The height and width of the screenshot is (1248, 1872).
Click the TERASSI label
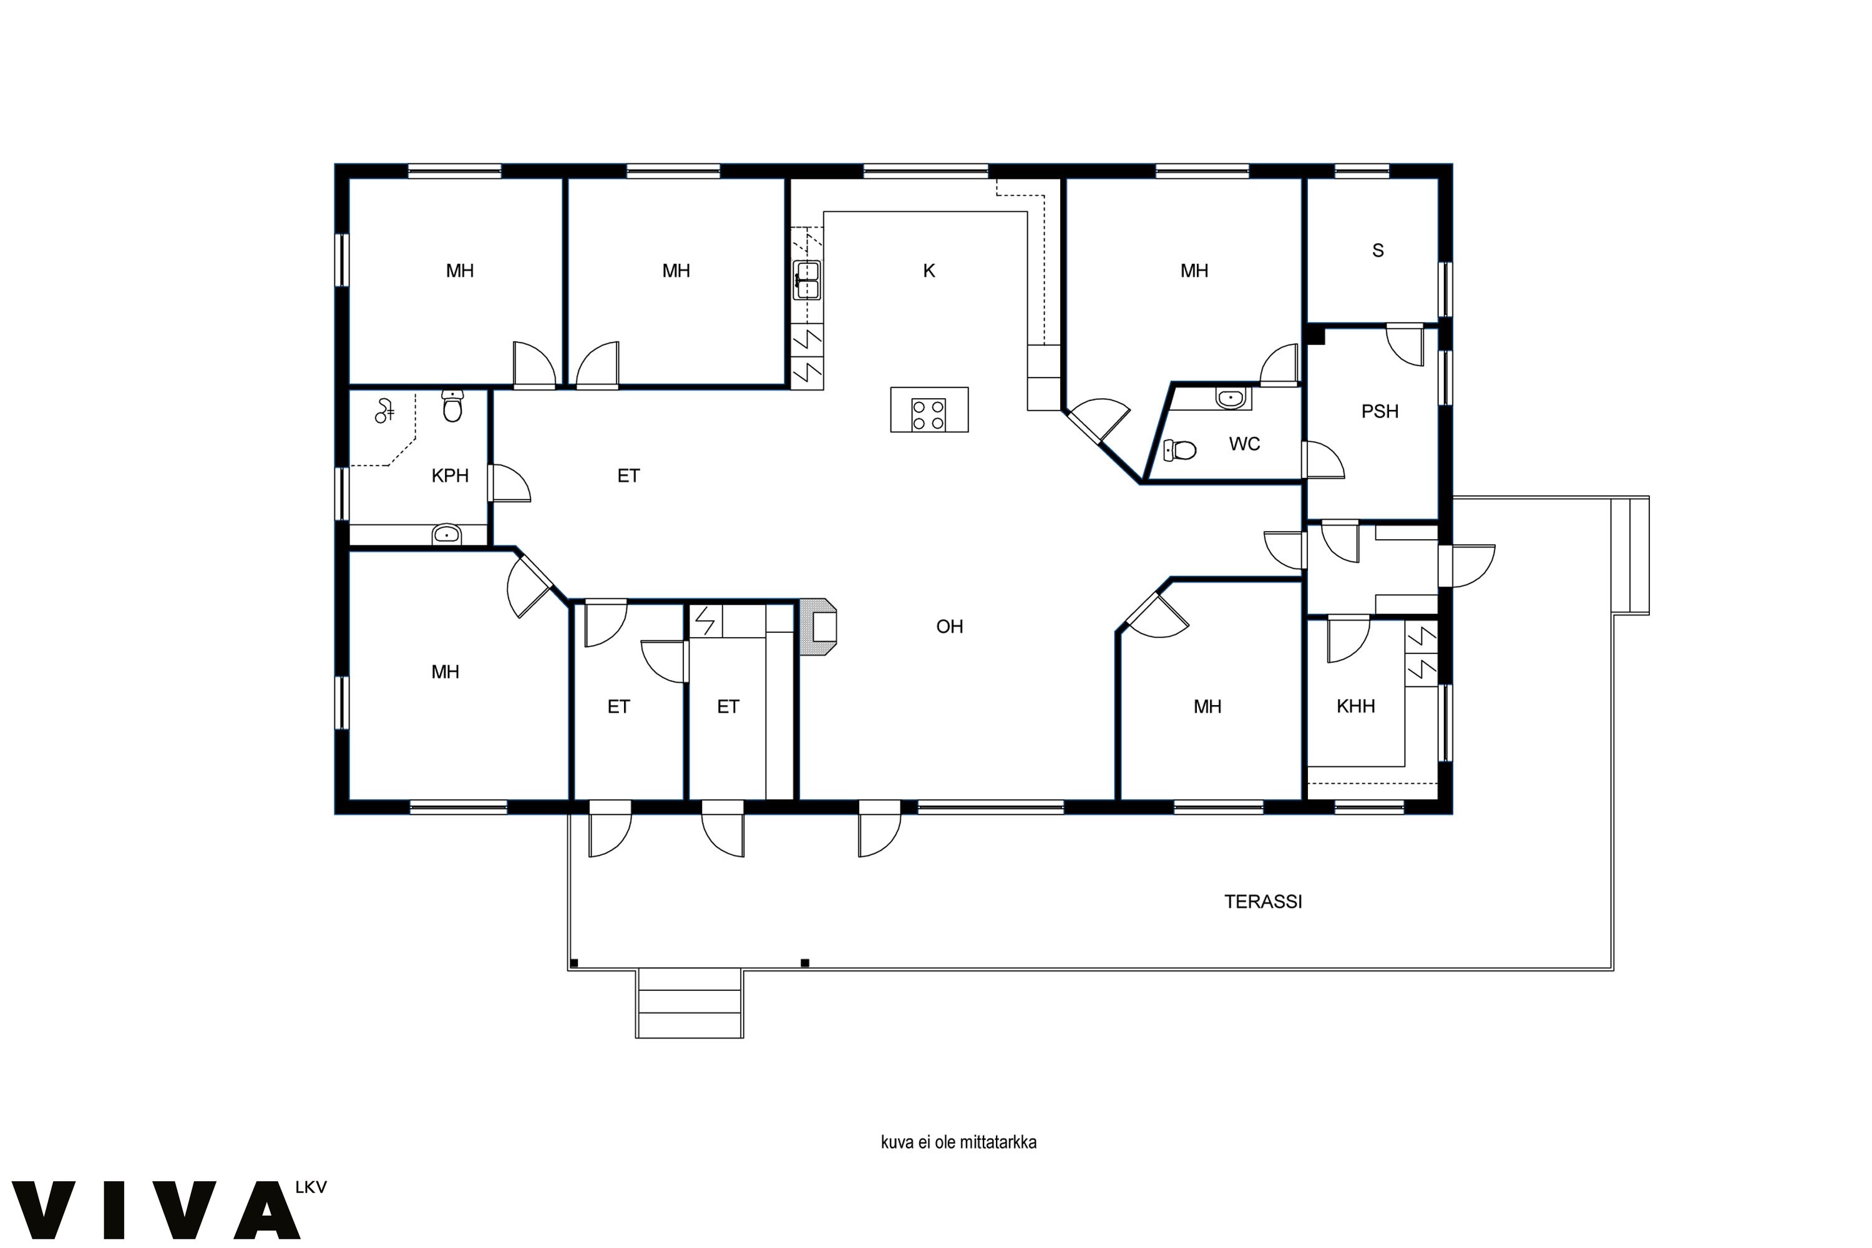click(x=1262, y=902)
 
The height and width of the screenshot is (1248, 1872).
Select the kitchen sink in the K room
click(x=806, y=280)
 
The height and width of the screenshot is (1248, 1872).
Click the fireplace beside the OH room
click(x=819, y=627)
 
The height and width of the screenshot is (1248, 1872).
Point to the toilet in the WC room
click(x=1179, y=451)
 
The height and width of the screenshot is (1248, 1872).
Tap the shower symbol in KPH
click(x=384, y=411)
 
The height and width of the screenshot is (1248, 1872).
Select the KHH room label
click(x=1355, y=706)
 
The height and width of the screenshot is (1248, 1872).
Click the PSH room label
click(x=1379, y=411)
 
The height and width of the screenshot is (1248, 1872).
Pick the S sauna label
click(x=1378, y=251)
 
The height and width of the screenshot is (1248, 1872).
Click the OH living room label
click(x=950, y=626)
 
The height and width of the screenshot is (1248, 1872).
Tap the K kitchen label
click(x=929, y=271)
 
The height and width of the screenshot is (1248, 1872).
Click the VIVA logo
click(x=156, y=1210)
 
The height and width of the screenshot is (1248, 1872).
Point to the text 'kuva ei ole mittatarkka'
click(x=958, y=1142)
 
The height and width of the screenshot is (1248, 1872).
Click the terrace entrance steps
click(x=690, y=1003)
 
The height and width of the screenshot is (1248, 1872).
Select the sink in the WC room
click(x=1231, y=396)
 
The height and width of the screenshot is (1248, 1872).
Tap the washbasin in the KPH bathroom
click(x=447, y=534)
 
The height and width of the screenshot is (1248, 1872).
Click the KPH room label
click(x=450, y=476)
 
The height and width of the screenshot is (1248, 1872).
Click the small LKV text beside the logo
click(x=310, y=1187)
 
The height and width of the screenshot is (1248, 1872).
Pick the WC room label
click(x=1244, y=444)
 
